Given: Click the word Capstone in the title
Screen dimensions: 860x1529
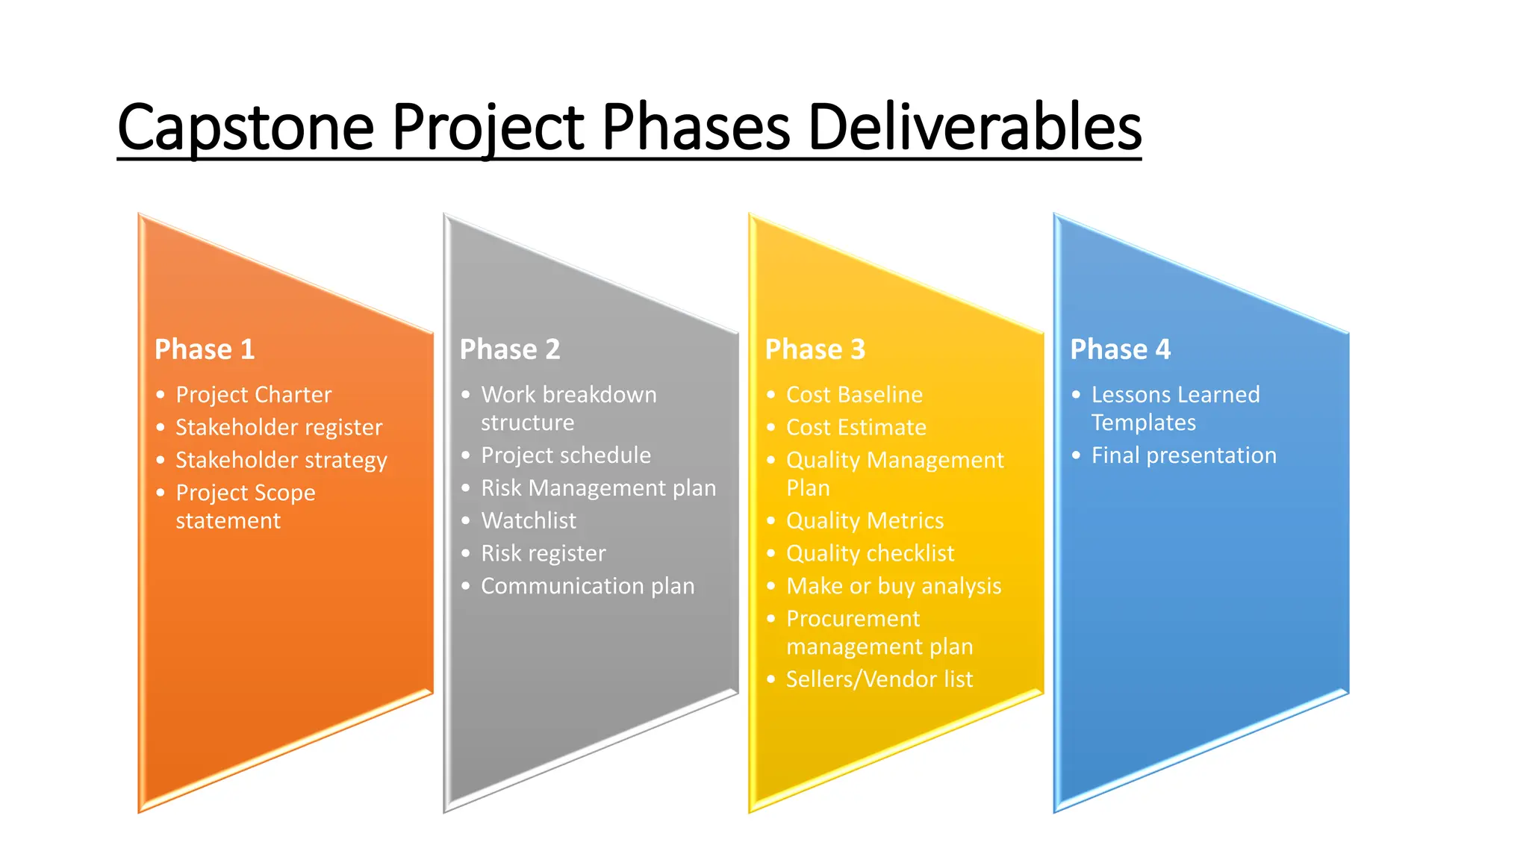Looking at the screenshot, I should pos(246,127).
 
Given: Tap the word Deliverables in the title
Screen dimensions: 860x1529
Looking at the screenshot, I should pos(974,127).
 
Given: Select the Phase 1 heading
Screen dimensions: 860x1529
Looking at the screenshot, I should pos(205,349).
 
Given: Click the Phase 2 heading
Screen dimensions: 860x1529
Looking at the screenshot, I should pos(510,349).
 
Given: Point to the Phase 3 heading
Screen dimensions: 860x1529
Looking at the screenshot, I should pos(815,349).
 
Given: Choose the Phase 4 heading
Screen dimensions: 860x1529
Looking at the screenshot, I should pos(1121,349).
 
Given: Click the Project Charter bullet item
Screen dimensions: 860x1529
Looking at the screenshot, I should pos(253,394).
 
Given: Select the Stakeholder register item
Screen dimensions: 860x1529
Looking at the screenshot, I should pos(278,427).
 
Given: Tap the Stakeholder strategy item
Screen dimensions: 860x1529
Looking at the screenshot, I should pos(281,460).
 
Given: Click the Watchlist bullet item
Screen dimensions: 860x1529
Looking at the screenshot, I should pos(529,520).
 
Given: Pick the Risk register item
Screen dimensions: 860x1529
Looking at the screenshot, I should pos(543,553).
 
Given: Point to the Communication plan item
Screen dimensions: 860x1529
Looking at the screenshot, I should pos(588,586).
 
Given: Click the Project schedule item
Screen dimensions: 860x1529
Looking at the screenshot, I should pos(566,455).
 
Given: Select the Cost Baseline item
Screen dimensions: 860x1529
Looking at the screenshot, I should pos(854,394).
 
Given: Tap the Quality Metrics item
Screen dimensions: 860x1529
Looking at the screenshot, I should pos(865,520).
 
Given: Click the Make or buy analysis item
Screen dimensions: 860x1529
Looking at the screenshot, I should pos(894,586).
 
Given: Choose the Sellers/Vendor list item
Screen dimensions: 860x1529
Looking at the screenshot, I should pos(879,679).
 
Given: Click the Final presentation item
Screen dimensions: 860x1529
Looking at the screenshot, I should pos(1184,455).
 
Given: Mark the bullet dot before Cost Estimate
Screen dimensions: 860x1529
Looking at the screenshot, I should pos(771,428).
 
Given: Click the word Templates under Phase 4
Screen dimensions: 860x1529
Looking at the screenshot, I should pos(1144,423).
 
